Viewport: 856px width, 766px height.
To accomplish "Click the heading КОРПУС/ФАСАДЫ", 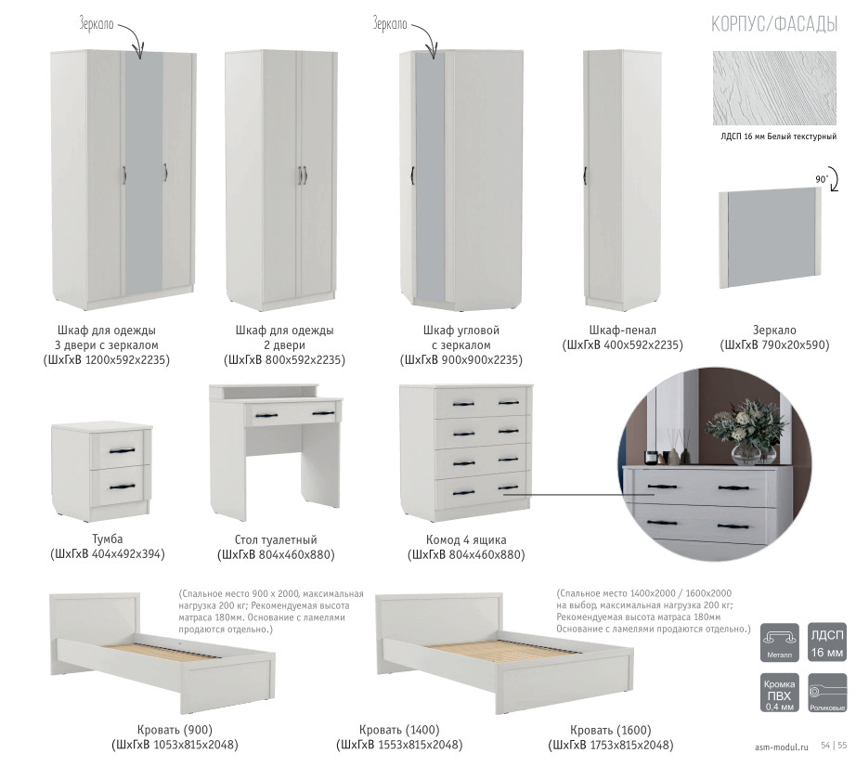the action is click(774, 24).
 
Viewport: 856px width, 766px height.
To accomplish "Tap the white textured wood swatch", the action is click(774, 88).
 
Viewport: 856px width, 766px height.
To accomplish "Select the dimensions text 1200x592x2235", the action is click(127, 360).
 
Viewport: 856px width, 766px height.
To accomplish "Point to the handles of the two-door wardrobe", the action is click(302, 175).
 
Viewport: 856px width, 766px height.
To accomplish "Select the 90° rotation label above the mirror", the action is click(821, 179).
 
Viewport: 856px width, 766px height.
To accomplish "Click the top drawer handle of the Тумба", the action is click(122, 450).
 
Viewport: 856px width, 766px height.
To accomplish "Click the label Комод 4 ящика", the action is click(466, 540).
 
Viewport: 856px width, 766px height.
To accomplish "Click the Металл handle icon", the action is click(779, 643).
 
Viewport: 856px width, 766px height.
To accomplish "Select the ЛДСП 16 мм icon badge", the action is click(827, 643).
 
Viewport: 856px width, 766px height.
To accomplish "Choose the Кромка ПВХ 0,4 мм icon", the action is click(779, 693).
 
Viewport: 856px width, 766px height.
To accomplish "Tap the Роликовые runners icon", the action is click(827, 693).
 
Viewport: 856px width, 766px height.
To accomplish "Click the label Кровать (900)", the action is click(175, 730).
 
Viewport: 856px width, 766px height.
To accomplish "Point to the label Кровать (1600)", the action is click(610, 730).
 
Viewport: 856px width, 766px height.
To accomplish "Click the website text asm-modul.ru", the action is click(781, 747).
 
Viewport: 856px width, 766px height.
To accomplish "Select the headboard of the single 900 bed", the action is click(95, 619).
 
